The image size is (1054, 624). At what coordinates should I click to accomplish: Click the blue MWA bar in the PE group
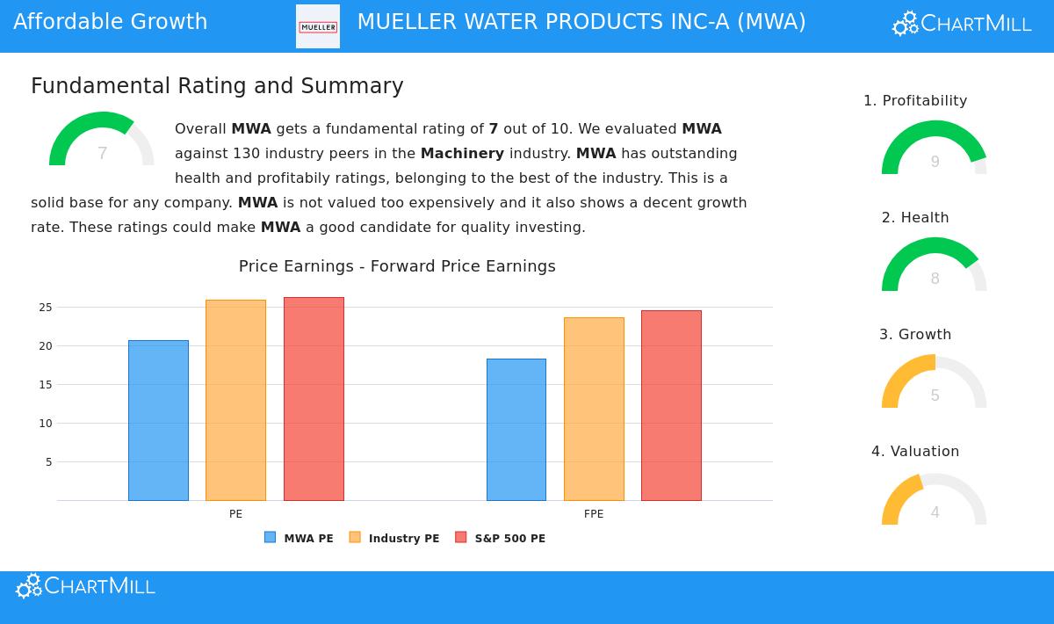pyautogui.click(x=158, y=420)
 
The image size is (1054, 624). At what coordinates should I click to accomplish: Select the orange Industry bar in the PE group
pyautogui.click(x=235, y=400)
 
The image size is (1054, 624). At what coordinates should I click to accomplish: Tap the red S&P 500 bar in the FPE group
pyautogui.click(x=671, y=405)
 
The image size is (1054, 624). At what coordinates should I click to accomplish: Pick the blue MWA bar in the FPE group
pyautogui.click(x=516, y=429)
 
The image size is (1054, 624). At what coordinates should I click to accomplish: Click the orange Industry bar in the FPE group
pyautogui.click(x=594, y=409)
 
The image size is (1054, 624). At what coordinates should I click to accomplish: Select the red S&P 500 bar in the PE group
pyautogui.click(x=314, y=399)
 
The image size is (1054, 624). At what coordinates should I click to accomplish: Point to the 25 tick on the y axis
pyautogui.click(x=45, y=308)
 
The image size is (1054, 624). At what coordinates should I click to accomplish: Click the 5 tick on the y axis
pyautogui.click(x=48, y=462)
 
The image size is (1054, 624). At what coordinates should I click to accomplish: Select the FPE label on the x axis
pyautogui.click(x=594, y=514)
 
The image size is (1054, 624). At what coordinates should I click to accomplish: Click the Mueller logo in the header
pyautogui.click(x=318, y=26)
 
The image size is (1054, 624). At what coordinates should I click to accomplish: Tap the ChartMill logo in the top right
pyautogui.click(x=962, y=24)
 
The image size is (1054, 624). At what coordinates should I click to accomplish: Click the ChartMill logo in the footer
pyautogui.click(x=85, y=586)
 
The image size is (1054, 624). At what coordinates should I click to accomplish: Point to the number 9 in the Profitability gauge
pyautogui.click(x=935, y=162)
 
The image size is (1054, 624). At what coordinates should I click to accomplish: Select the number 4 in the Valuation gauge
pyautogui.click(x=935, y=512)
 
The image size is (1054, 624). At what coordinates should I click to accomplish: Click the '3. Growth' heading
pyautogui.click(x=915, y=335)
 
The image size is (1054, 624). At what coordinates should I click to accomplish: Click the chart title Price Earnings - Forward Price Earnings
pyautogui.click(x=397, y=266)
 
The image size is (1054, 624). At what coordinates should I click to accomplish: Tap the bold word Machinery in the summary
pyautogui.click(x=462, y=154)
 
